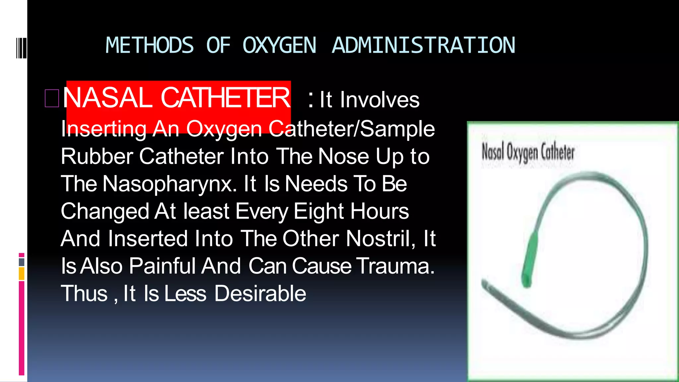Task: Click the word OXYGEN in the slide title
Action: point(279,45)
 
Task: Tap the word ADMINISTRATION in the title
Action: point(423,45)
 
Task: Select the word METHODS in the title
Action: point(150,45)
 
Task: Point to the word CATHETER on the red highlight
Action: point(225,98)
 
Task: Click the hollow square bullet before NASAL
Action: point(52,98)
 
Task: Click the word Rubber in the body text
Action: point(97,156)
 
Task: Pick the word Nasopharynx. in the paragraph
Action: point(170,184)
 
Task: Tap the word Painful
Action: point(162,266)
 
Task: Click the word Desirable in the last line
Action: point(260,293)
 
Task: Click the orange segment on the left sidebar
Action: point(22,274)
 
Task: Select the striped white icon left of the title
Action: point(21,48)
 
